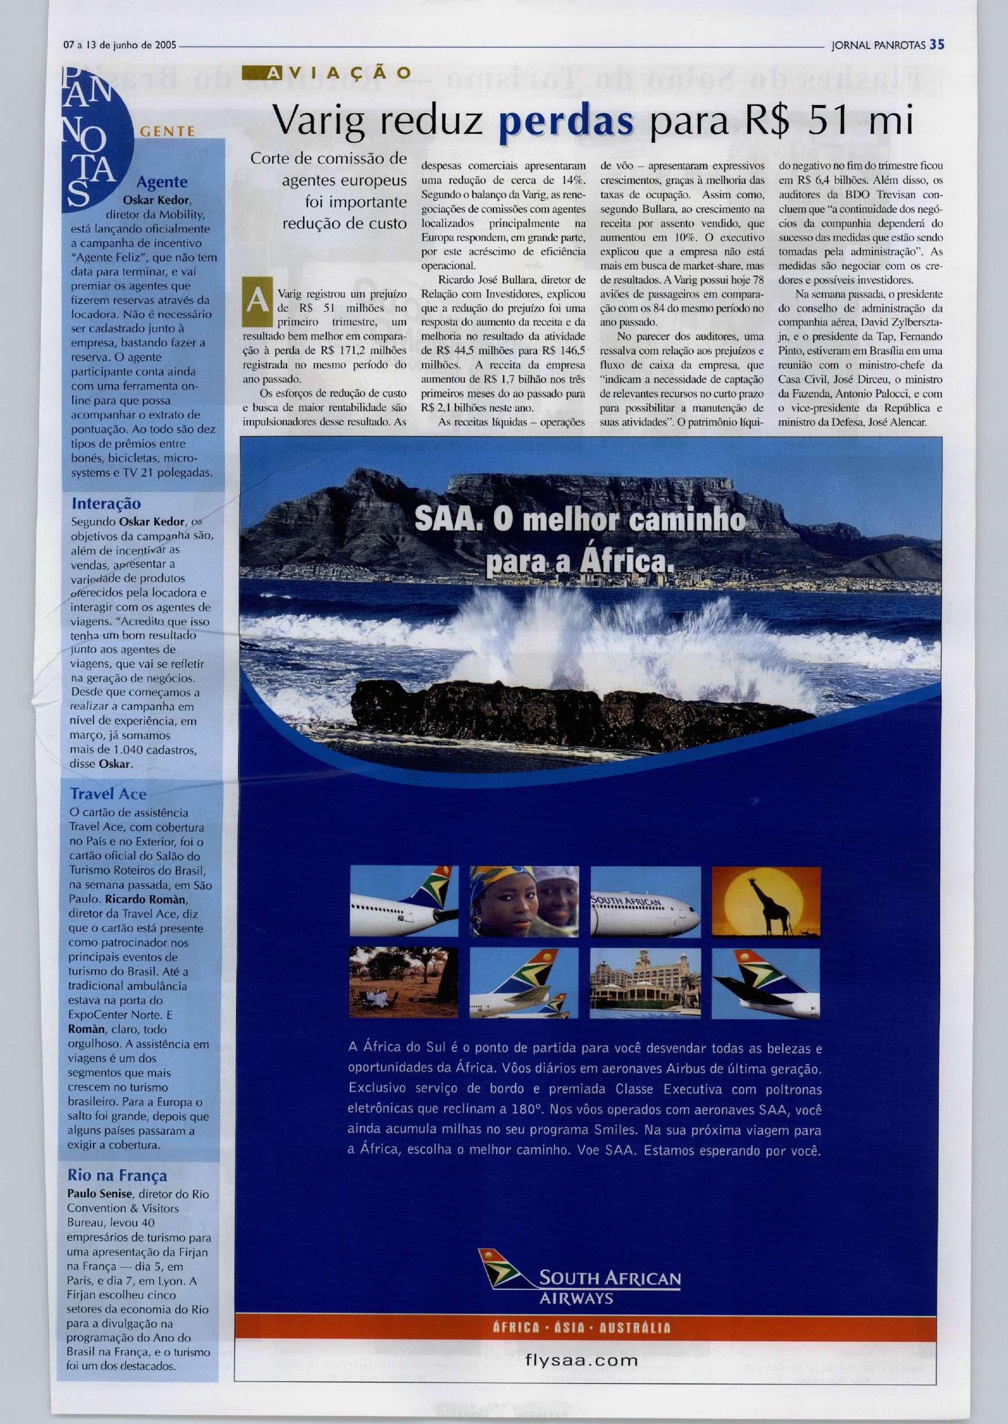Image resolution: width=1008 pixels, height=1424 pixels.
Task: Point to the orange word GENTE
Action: pyautogui.click(x=168, y=131)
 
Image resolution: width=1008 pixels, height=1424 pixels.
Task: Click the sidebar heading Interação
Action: pyautogui.click(x=106, y=503)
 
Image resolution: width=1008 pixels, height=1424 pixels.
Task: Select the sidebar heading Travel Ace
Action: pyautogui.click(x=109, y=794)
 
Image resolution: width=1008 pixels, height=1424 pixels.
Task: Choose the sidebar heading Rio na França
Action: pyautogui.click(x=117, y=1175)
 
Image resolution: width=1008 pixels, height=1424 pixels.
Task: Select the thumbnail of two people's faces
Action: pyautogui.click(x=524, y=901)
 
